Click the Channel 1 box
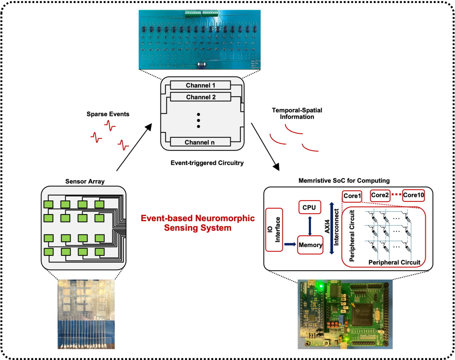200,85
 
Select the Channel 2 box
200,97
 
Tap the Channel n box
200,142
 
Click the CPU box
309,207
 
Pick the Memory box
310,245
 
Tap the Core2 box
380,195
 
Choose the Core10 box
413,195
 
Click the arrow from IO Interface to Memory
290,244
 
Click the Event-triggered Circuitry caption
201,163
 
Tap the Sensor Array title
85,181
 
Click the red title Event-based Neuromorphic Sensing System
198,223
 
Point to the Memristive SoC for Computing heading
344,181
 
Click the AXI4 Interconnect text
332,228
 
